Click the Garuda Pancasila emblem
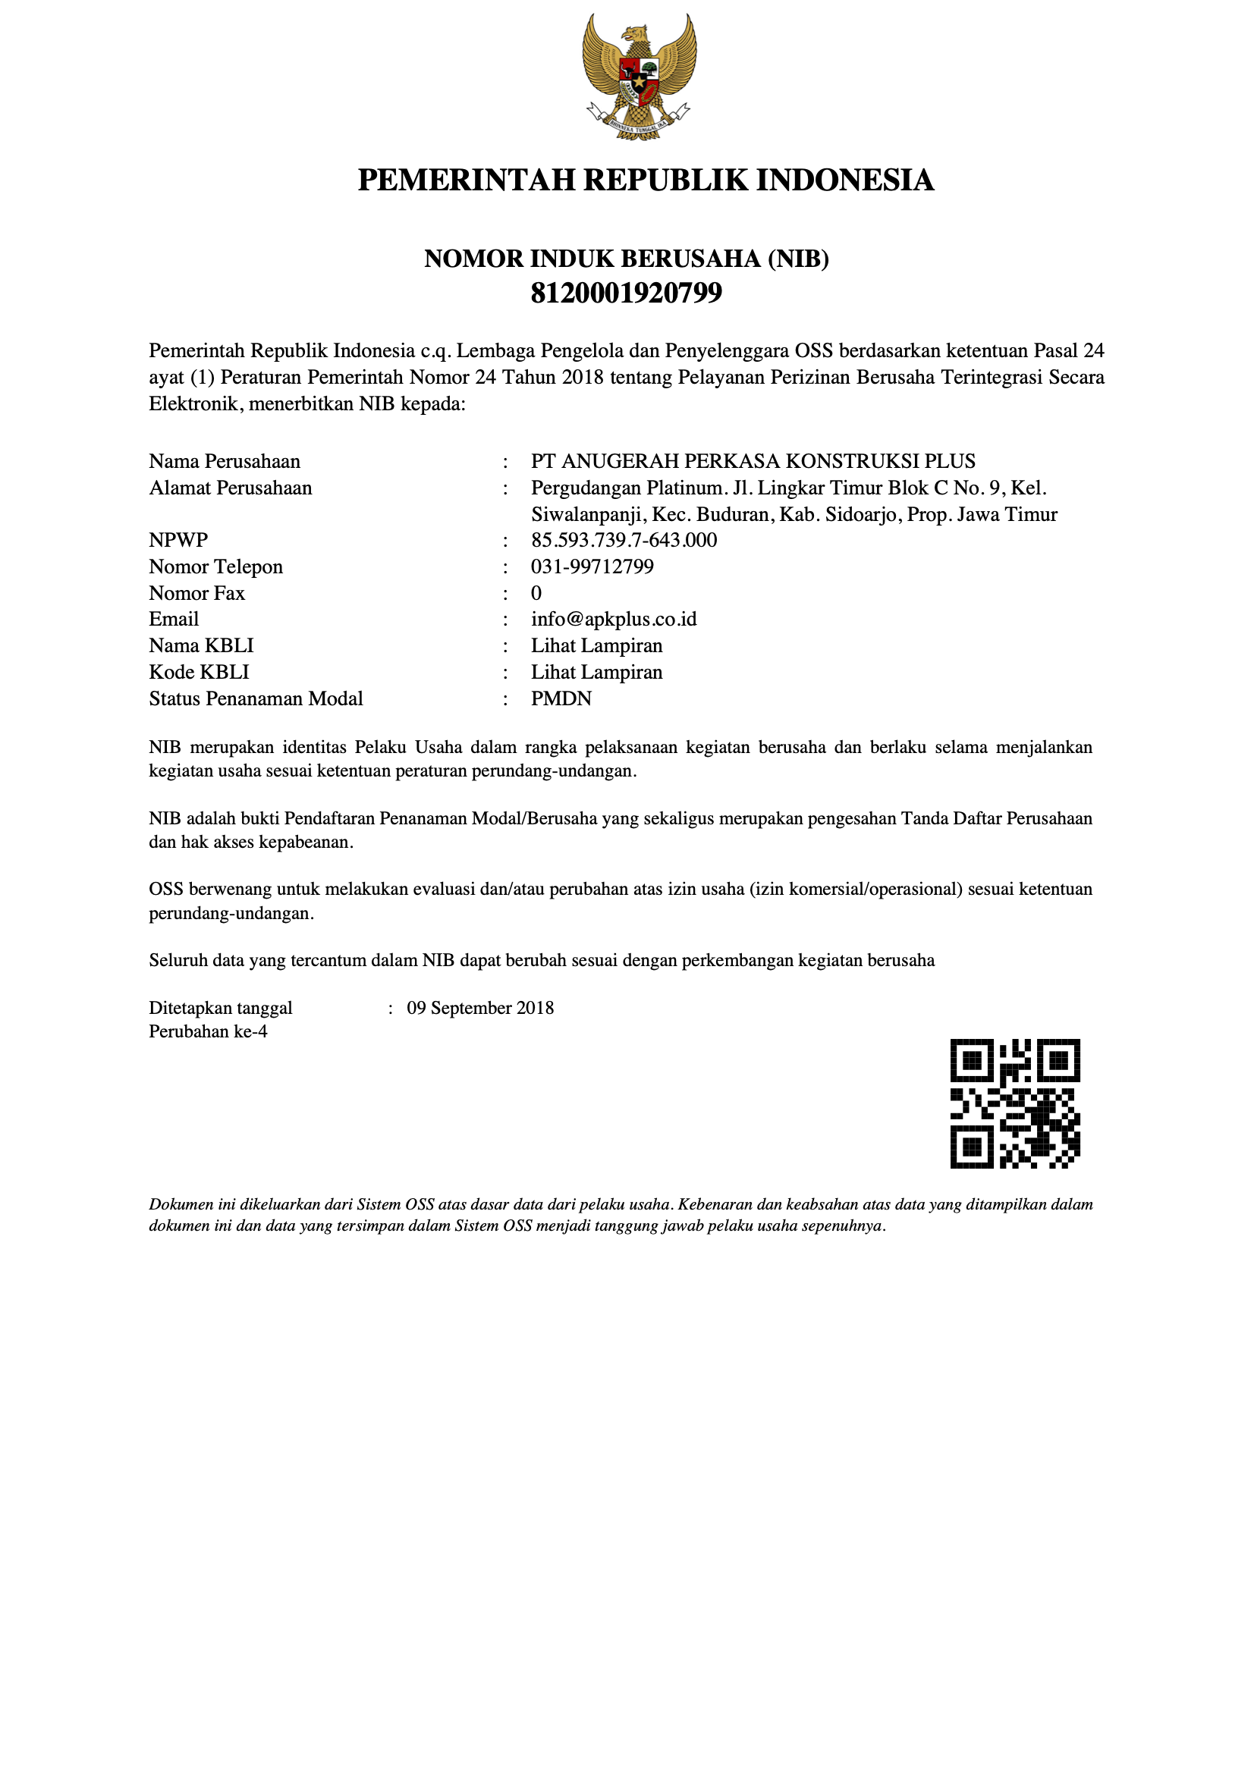(639, 77)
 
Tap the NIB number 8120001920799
(626, 293)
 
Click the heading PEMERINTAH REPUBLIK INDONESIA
(646, 180)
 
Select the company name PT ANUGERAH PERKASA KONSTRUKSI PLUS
(753, 461)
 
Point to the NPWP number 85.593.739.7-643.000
(624, 540)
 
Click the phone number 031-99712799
(592, 566)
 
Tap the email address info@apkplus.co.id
(614, 620)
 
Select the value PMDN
(561, 699)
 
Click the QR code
(1014, 1103)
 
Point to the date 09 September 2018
(479, 1008)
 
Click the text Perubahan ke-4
(208, 1031)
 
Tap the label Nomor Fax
(197, 593)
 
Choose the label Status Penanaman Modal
(256, 699)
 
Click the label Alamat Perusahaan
(231, 488)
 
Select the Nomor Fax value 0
(536, 593)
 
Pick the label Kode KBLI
(200, 672)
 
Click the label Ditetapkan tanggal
(220, 1008)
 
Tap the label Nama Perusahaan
(224, 461)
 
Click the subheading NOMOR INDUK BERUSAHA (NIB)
(626, 259)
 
